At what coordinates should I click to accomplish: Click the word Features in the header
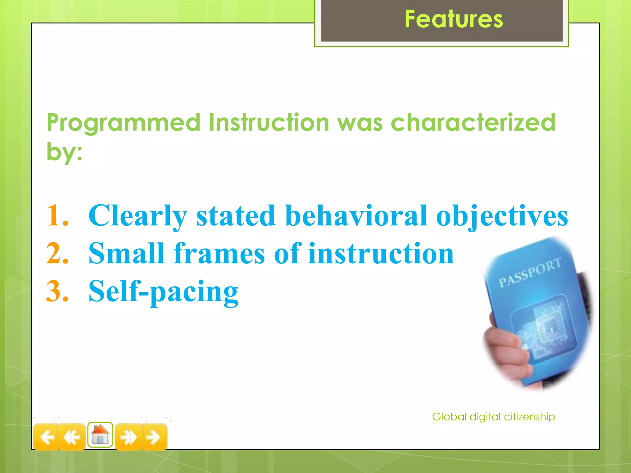pyautogui.click(x=454, y=19)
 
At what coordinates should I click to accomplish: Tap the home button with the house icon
pyautogui.click(x=100, y=435)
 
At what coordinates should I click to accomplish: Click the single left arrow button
pyautogui.click(x=46, y=437)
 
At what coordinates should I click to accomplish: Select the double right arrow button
pyautogui.click(x=128, y=437)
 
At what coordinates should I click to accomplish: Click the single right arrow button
pyautogui.click(x=154, y=437)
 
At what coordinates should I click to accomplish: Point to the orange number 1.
pyautogui.click(x=57, y=216)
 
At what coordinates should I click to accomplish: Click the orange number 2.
pyautogui.click(x=57, y=253)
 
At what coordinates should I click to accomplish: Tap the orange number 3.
pyautogui.click(x=57, y=291)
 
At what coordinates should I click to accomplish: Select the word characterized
pyautogui.click(x=473, y=123)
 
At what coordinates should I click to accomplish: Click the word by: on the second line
pyautogui.click(x=64, y=152)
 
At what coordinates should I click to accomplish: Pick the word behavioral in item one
pyautogui.click(x=356, y=216)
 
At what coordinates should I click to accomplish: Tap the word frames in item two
pyautogui.click(x=219, y=253)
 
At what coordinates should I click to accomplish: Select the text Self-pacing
pyautogui.click(x=163, y=292)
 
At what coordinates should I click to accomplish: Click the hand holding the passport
pyautogui.click(x=505, y=348)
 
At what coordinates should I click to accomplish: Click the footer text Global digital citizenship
pyautogui.click(x=494, y=417)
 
